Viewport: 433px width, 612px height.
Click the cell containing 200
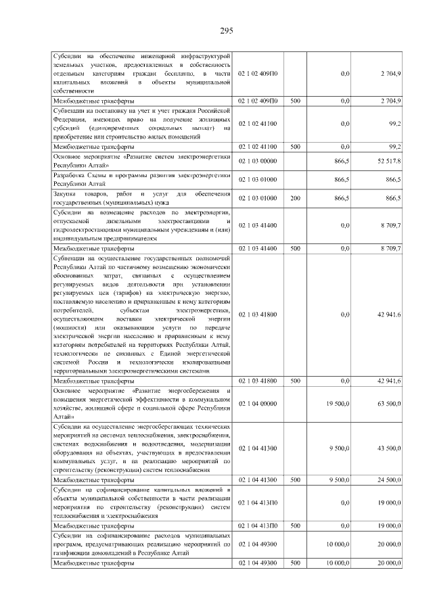(295, 197)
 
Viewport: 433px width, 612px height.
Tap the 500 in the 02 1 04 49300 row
(295, 563)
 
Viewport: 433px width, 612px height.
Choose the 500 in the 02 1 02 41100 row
(295, 146)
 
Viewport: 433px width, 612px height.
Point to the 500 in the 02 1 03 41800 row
(295, 381)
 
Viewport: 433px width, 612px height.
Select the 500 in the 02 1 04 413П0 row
(295, 525)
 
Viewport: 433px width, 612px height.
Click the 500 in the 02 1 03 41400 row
(295, 250)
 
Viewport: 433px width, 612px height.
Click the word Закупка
(66, 194)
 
